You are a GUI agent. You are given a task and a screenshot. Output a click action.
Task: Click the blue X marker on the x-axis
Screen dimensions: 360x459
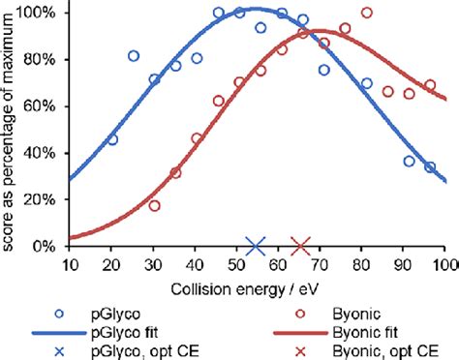256,247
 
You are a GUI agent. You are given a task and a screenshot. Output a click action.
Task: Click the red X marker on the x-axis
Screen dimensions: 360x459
301,247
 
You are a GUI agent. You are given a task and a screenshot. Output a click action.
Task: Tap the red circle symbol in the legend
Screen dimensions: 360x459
301,311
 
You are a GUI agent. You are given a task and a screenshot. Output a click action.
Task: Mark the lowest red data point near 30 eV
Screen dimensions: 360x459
154,206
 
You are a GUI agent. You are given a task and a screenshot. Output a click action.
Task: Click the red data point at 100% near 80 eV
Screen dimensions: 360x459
366,13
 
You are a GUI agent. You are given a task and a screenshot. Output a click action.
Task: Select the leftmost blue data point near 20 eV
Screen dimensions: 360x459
112,139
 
